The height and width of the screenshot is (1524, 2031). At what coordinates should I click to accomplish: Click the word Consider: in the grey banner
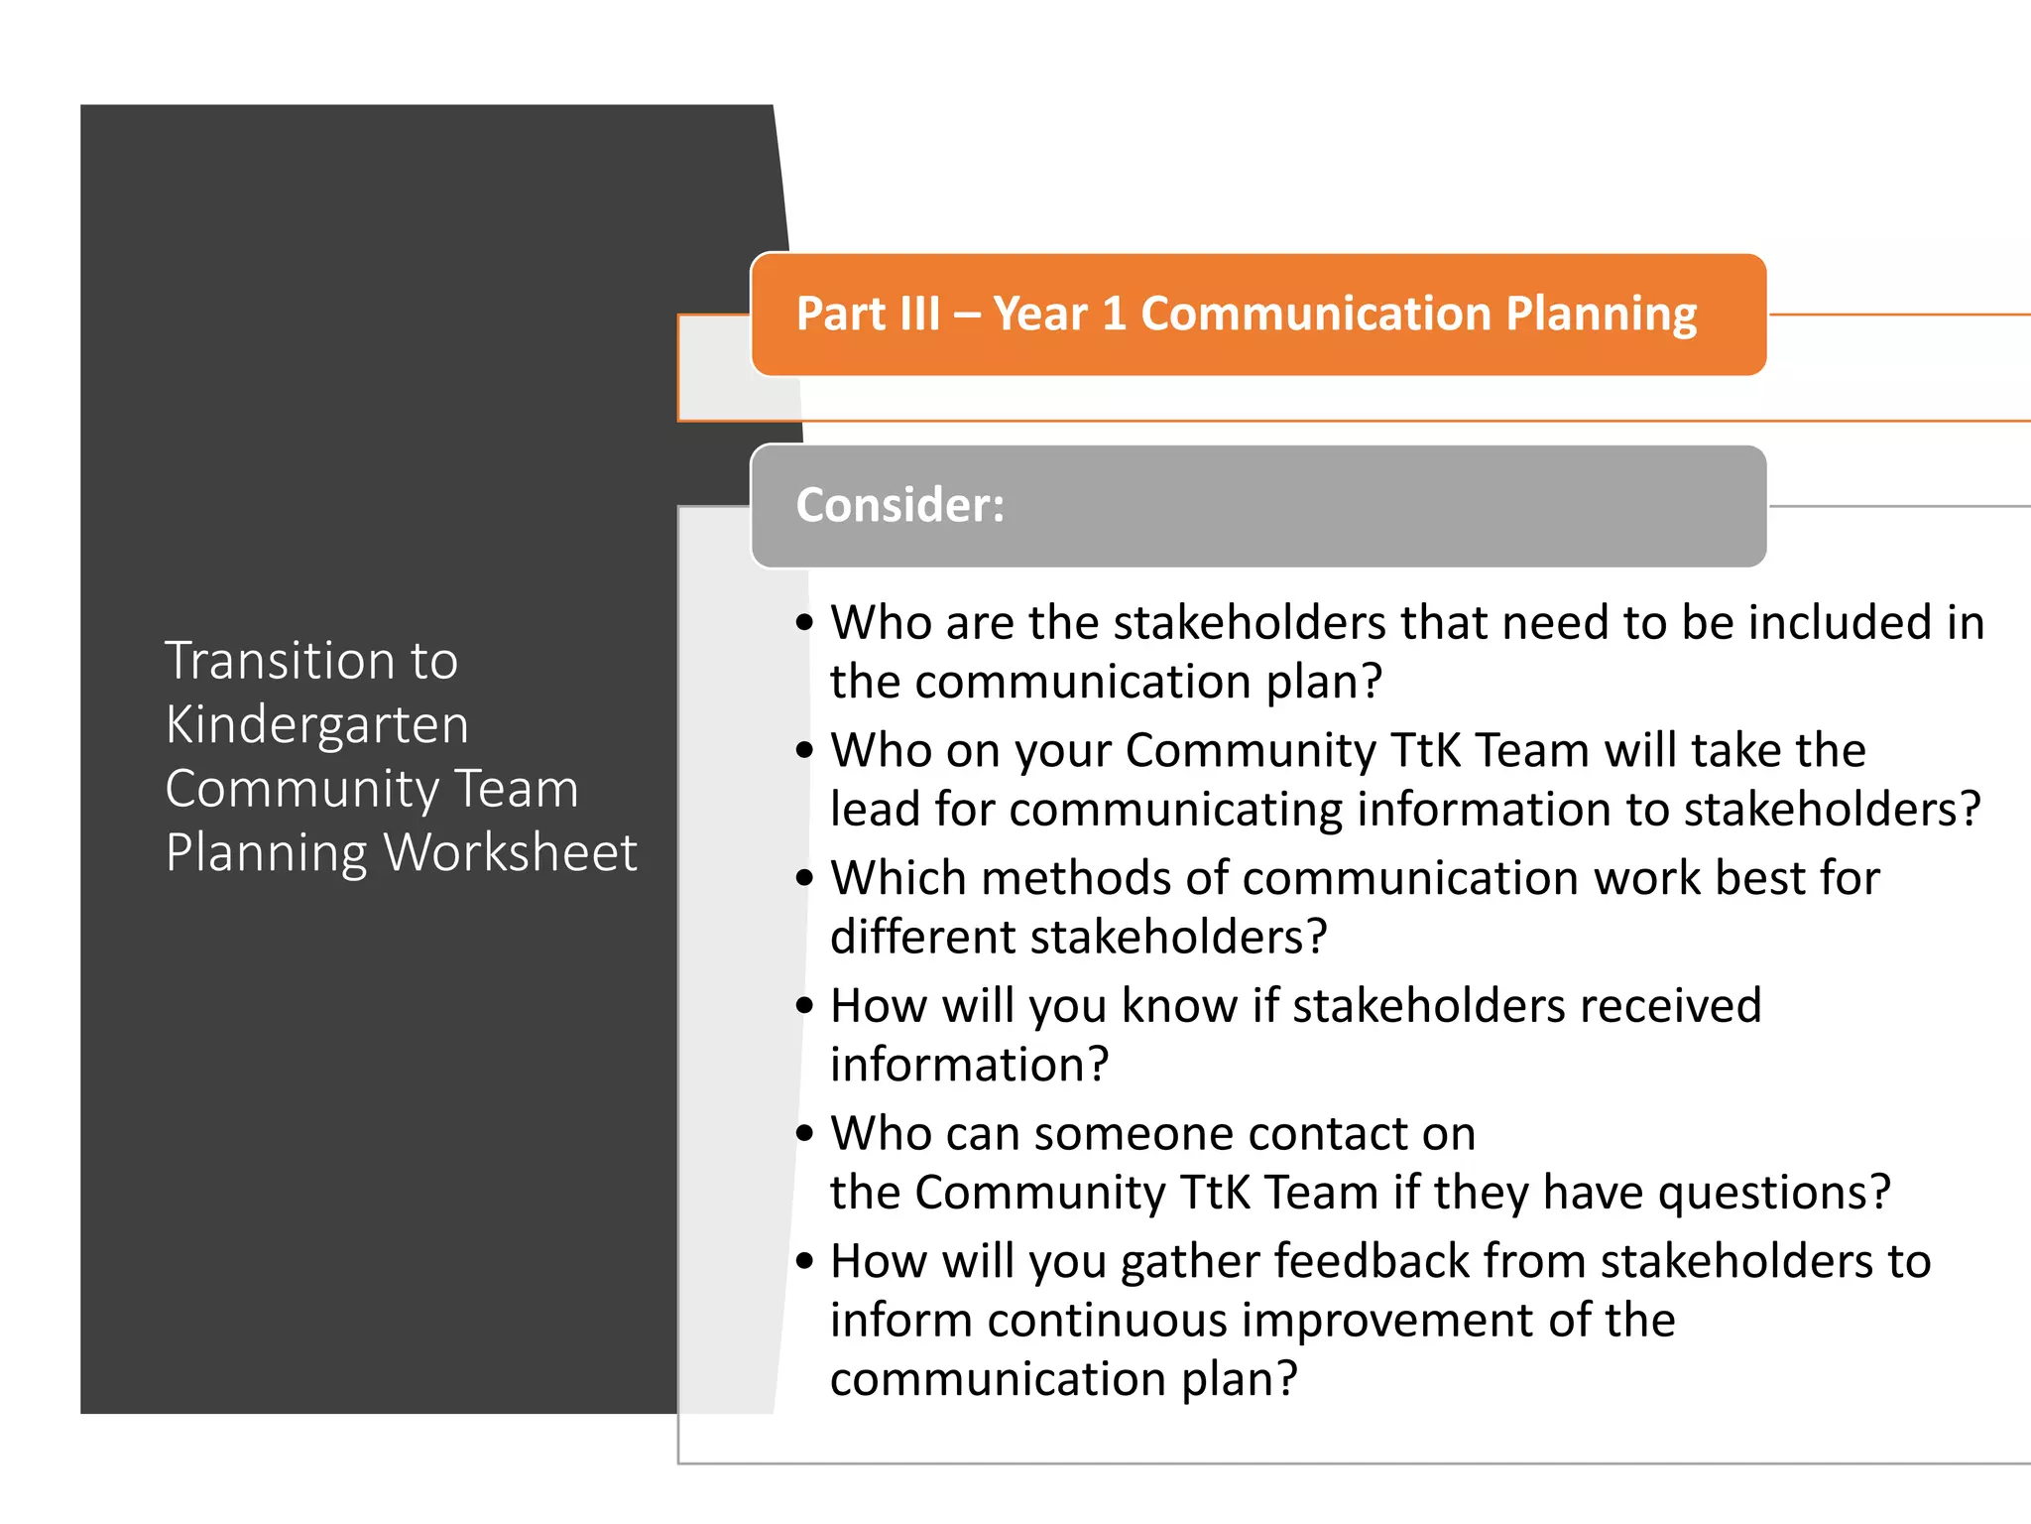pyautogui.click(x=899, y=505)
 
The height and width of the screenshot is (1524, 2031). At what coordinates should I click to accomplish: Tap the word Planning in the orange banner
pyautogui.click(x=1602, y=316)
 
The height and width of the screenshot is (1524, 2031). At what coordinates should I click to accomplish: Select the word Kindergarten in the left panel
pyautogui.click(x=316, y=725)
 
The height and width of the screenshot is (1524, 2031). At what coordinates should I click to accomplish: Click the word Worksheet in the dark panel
pyautogui.click(x=511, y=852)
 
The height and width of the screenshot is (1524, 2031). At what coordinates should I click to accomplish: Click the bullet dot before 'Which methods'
pyautogui.click(x=804, y=877)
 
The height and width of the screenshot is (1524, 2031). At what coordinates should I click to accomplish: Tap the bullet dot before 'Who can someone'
pyautogui.click(x=804, y=1133)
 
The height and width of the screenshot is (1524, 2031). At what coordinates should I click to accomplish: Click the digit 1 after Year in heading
pyautogui.click(x=1114, y=314)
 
